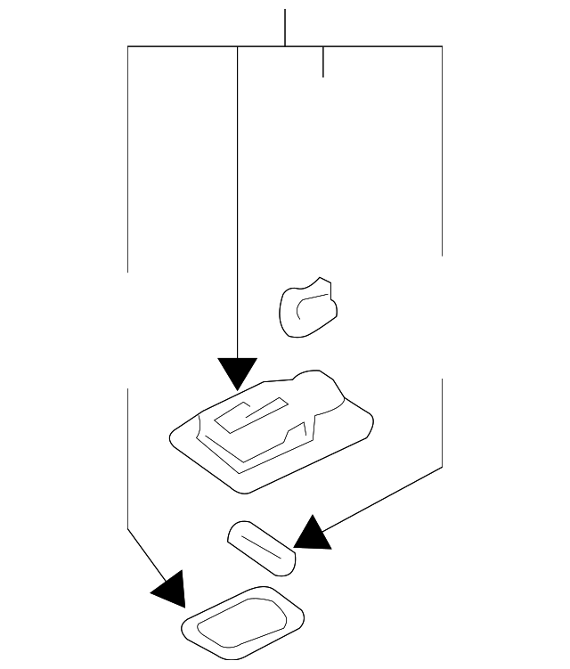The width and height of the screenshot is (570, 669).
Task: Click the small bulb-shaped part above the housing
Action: (x=308, y=307)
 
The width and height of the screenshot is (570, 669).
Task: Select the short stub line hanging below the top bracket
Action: (x=322, y=61)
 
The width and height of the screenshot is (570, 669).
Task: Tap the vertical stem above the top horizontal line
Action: (x=285, y=27)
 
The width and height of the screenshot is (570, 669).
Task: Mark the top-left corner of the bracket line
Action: (x=128, y=46)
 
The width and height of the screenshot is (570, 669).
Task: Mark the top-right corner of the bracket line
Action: (x=442, y=46)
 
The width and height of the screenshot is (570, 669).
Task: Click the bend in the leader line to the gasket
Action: (x=128, y=527)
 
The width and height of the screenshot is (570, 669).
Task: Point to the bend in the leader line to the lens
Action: (x=442, y=467)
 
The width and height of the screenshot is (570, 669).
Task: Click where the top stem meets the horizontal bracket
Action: (x=285, y=46)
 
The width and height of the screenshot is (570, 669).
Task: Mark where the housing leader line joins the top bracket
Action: (x=238, y=46)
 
